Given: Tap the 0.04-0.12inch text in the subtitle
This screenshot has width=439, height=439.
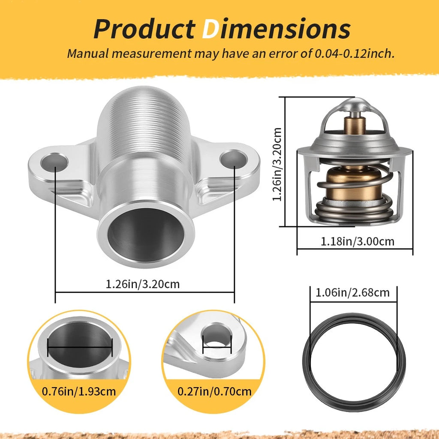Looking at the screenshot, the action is point(355,53).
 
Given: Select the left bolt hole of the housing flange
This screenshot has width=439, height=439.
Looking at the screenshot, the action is point(54,162).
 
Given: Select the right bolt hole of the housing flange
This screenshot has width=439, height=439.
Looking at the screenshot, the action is point(234,159).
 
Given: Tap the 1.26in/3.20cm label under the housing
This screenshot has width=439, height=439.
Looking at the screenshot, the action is point(142,284).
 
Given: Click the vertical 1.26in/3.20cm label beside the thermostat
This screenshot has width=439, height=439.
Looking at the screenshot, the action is point(277,164).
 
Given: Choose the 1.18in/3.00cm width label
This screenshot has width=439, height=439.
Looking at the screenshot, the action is point(357,241).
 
